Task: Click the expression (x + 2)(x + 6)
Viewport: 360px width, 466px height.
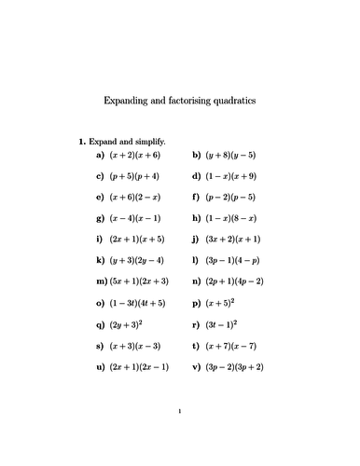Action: click(x=135, y=156)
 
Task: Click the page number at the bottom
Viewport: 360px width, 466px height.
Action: click(x=179, y=435)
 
